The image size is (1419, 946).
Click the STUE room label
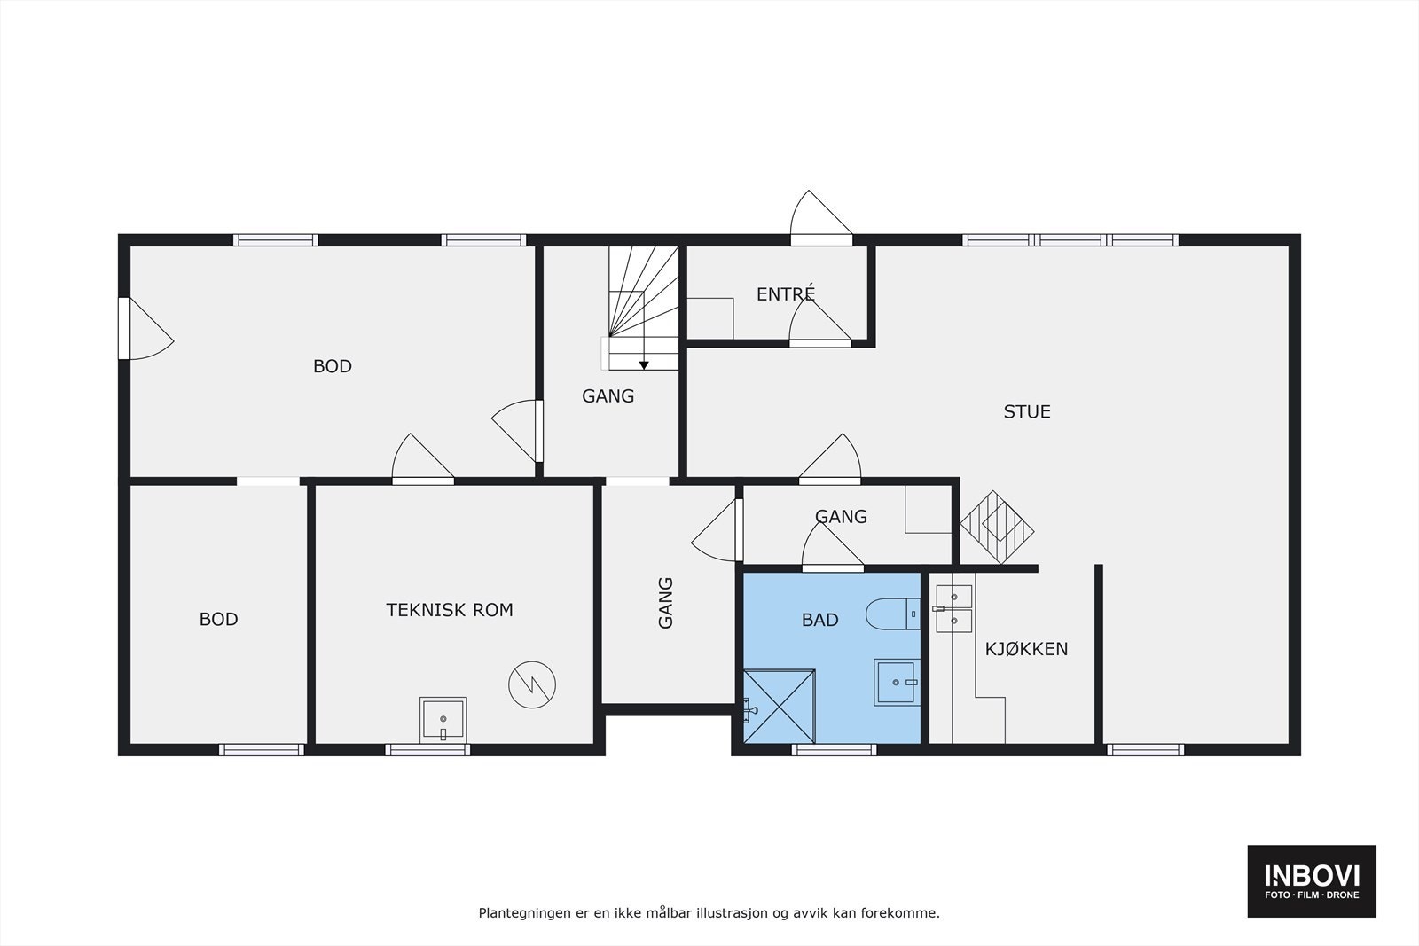(1027, 411)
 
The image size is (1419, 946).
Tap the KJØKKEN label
(1026, 648)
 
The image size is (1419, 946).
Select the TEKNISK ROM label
(450, 610)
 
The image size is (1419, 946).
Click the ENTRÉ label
(786, 293)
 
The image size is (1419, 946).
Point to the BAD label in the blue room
(820, 619)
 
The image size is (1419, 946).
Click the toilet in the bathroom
(893, 614)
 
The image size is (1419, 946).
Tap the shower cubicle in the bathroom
(780, 706)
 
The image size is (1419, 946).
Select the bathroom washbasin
(897, 682)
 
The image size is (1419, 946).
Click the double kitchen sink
(953, 608)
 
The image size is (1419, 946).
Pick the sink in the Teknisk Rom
(443, 720)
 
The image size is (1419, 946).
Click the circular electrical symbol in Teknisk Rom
(532, 684)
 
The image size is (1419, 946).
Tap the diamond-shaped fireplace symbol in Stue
(997, 527)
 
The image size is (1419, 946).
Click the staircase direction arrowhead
(644, 365)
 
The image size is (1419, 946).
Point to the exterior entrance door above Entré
(821, 218)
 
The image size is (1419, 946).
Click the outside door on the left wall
(146, 329)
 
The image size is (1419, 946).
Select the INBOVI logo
(1312, 880)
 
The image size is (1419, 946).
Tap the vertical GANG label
(665, 603)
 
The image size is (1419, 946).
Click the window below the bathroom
(835, 750)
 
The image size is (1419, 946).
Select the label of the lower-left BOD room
(218, 619)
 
